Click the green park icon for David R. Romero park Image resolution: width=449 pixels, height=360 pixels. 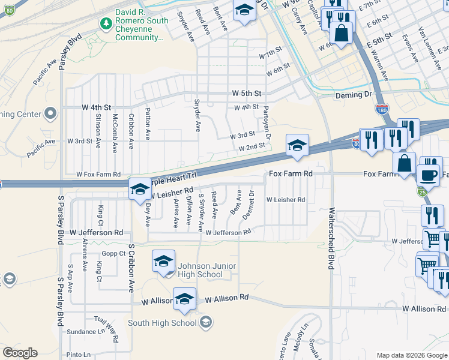[x=106, y=23]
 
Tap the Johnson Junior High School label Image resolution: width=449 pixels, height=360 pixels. [x=191, y=271]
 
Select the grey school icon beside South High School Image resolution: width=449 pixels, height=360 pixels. [x=206, y=323]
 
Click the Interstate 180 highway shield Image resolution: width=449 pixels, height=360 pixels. [x=382, y=109]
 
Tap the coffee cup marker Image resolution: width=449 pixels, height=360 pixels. [x=428, y=175]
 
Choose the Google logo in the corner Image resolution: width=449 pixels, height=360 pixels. [x=20, y=352]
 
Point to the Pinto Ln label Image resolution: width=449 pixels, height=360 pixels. [x=79, y=355]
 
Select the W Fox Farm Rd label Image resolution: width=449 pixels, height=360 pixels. [x=98, y=174]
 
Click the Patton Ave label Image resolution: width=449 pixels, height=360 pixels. [x=148, y=124]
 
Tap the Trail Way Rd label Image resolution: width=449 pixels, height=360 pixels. [x=109, y=329]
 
